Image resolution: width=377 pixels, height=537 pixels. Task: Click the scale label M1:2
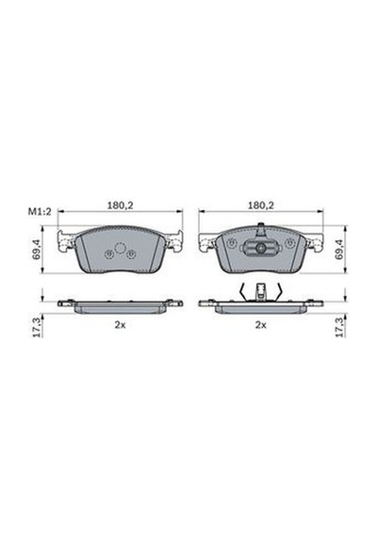(40, 212)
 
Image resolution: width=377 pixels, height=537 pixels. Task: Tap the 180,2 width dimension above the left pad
(121, 205)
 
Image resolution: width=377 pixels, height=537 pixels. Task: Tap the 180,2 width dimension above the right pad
(261, 205)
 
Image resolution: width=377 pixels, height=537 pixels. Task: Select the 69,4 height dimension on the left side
(37, 249)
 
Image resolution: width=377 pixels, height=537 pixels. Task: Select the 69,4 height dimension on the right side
(340, 249)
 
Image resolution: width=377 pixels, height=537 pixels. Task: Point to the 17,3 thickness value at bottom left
(37, 327)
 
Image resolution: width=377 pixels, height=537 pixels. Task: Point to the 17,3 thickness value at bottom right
(340, 327)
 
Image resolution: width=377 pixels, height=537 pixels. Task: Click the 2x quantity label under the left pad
(120, 325)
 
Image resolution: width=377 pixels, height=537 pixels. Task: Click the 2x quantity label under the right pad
(260, 325)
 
